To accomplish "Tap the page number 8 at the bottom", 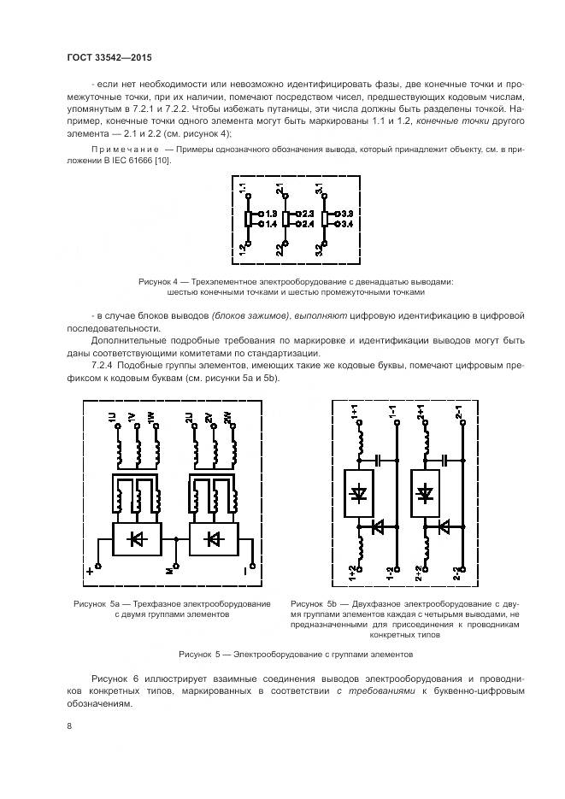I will pos(69,726).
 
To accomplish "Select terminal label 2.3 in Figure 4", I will pos(309,212).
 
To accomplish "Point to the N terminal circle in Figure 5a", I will pos(176,565).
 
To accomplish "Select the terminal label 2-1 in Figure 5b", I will pos(460,415).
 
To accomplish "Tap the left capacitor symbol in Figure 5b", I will pos(377,460).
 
